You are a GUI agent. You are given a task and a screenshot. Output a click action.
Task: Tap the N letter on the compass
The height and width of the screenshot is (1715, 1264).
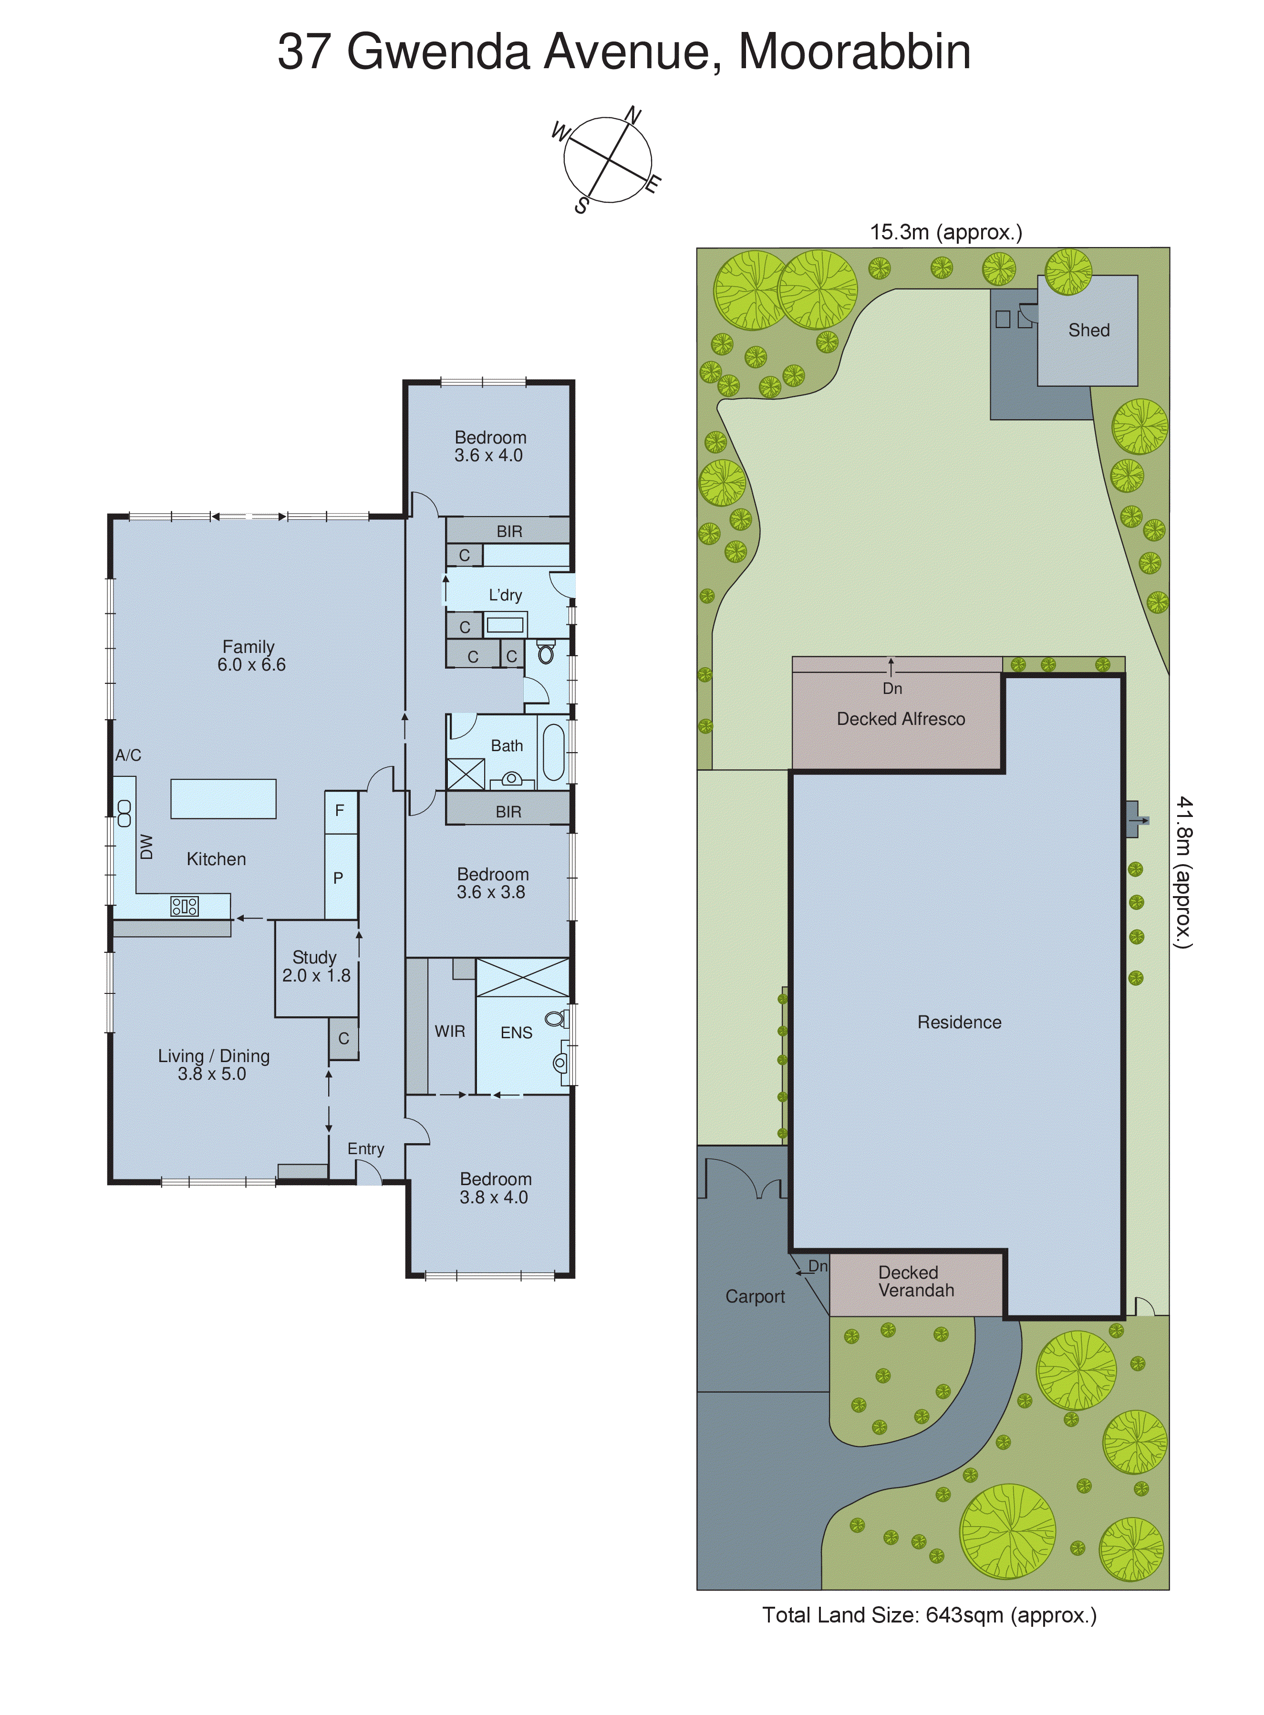633,115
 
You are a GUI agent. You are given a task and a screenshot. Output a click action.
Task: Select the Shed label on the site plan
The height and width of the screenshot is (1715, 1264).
1088,331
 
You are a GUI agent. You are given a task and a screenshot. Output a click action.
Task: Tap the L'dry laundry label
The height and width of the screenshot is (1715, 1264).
505,595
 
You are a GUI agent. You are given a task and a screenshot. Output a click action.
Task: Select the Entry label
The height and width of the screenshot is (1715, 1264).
366,1149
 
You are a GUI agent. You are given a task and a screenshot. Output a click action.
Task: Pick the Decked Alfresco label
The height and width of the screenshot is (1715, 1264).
901,719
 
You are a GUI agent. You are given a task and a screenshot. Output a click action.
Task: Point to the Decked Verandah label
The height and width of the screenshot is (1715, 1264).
916,1281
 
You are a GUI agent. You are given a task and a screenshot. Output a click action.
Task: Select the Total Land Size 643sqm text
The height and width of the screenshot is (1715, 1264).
929,1615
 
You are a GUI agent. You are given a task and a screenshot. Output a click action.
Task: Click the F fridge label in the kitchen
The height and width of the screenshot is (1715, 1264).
340,810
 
